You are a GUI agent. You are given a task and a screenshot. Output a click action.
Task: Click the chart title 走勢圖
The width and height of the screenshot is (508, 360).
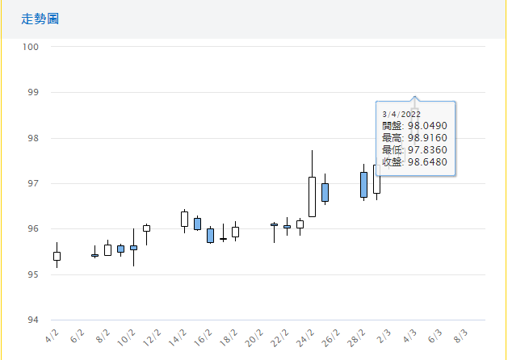tap(40, 19)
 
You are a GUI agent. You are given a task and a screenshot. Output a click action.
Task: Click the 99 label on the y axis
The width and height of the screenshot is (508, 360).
tap(33, 93)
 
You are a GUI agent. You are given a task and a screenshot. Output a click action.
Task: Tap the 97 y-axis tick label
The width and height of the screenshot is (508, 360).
tap(33, 183)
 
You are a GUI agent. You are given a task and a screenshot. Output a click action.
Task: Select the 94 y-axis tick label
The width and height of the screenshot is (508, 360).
tap(33, 320)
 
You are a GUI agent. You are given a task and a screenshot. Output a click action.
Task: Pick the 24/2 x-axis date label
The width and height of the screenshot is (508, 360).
tap(306, 334)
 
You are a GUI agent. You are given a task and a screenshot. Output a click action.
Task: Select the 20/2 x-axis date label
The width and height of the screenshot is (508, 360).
tap(256, 334)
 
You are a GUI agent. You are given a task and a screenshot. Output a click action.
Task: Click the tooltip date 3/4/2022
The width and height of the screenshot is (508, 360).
tap(401, 114)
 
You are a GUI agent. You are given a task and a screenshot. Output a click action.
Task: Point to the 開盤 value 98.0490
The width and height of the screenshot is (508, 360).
tap(428, 126)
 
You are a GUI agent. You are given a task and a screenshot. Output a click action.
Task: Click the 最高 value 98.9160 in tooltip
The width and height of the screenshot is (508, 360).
tap(428, 138)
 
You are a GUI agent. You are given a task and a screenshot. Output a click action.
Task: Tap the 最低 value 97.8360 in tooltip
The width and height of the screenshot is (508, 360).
tap(428, 150)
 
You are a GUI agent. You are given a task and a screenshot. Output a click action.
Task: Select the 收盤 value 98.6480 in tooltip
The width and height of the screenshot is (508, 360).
tap(428, 162)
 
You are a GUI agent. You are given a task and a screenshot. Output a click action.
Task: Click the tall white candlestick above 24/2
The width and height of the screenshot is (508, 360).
tap(312, 197)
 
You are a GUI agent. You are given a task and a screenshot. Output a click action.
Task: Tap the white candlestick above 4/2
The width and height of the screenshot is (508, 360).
tap(57, 256)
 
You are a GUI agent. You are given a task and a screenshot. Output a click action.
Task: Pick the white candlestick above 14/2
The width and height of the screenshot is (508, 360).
tap(184, 219)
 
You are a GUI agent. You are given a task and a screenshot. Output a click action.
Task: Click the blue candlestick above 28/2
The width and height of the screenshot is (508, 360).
tap(363, 184)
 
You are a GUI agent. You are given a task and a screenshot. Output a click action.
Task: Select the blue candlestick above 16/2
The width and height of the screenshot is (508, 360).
tap(210, 236)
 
